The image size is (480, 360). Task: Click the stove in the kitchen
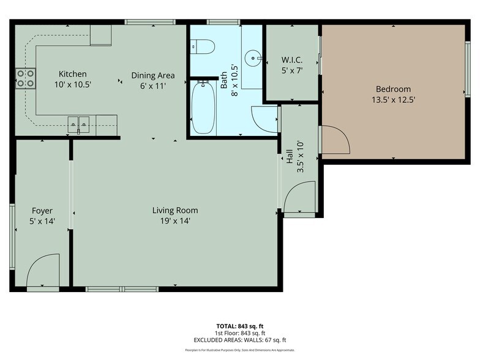coord(25,78)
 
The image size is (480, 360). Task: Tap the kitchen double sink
coord(80,124)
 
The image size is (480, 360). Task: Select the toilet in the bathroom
coord(201,46)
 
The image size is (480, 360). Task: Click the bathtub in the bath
coord(203,108)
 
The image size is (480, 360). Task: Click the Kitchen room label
coord(72,74)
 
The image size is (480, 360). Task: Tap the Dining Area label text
coord(153,75)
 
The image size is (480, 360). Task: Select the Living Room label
coord(175,210)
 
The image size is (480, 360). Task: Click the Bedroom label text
coord(393,89)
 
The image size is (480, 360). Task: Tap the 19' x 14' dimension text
coord(175,220)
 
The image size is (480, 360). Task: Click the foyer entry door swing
coord(45,269)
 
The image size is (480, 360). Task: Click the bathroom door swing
coord(265,119)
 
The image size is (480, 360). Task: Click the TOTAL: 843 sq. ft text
coord(239,325)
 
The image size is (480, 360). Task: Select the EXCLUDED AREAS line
coord(239,340)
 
